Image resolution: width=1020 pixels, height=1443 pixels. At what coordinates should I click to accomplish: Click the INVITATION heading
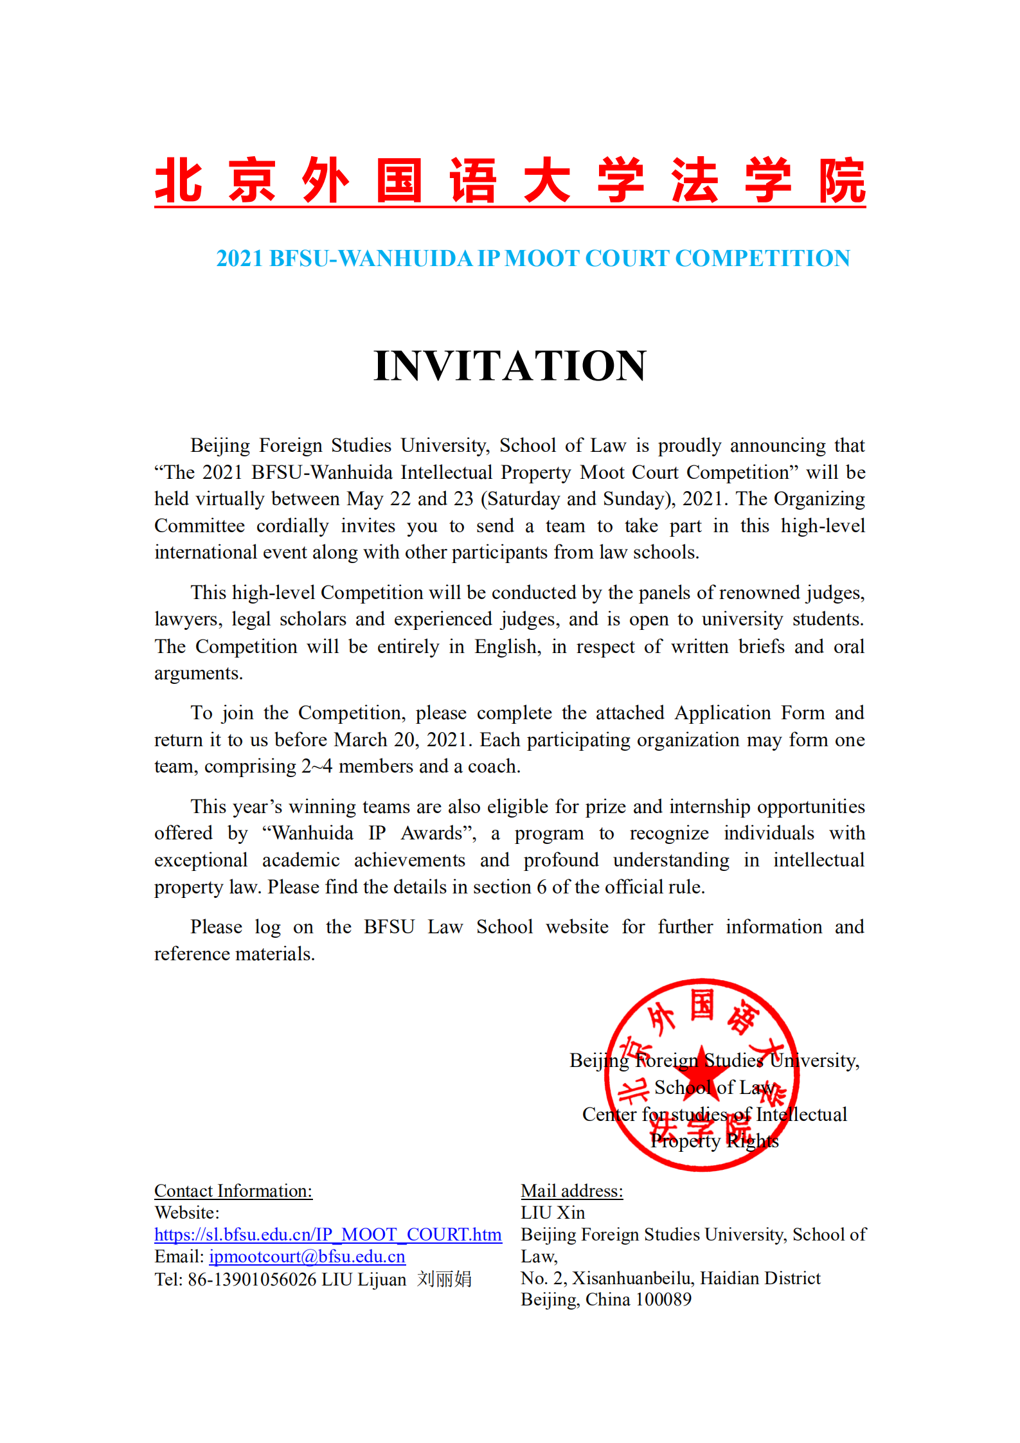tap(510, 366)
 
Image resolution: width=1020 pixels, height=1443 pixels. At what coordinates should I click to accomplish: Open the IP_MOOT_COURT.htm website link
tap(328, 1234)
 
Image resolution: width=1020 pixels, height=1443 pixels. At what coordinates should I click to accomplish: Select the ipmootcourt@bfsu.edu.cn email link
tap(307, 1257)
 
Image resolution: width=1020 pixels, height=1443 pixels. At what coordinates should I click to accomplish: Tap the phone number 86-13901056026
tap(252, 1279)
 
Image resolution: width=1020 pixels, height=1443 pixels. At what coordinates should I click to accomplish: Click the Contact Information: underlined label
tap(233, 1191)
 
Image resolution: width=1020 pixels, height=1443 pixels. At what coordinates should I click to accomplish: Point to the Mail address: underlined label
tap(572, 1191)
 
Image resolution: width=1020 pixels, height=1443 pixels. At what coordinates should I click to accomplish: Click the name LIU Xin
tap(553, 1213)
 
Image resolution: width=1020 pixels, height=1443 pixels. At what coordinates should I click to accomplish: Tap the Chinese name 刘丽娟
tap(444, 1279)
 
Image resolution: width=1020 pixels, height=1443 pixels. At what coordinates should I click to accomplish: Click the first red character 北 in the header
tap(179, 181)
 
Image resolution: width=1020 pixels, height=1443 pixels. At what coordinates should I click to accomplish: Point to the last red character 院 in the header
tap(843, 181)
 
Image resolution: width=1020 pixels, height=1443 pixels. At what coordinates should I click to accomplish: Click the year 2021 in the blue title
tap(240, 258)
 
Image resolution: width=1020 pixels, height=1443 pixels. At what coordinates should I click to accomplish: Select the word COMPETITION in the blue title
tap(762, 258)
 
